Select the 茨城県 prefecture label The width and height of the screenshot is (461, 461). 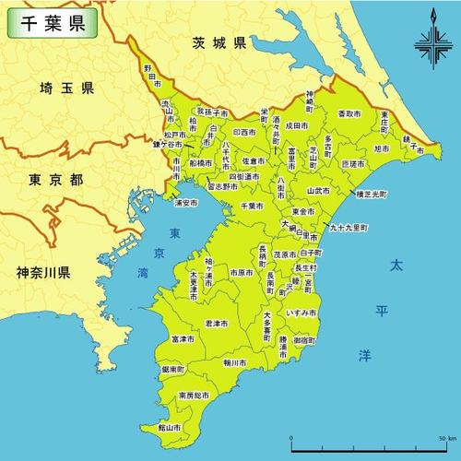coord(219,43)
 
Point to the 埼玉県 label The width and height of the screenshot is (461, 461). coord(66,89)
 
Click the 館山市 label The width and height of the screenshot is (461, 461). coord(168,428)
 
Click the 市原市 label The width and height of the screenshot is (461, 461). coord(242,273)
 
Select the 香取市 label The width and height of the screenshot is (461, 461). coord(349,113)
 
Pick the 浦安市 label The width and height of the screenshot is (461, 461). coord(184,202)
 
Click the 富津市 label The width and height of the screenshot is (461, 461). coord(182,339)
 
